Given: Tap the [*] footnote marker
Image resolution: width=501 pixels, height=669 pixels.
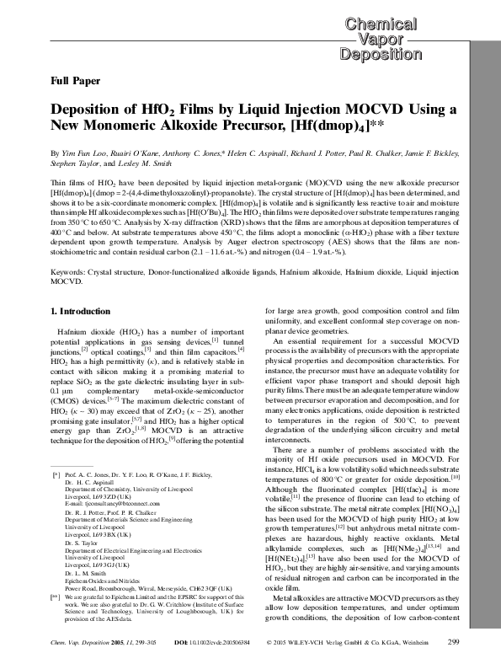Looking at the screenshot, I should [56, 476].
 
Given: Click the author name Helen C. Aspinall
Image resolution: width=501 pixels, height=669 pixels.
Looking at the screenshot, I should [248, 158].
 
